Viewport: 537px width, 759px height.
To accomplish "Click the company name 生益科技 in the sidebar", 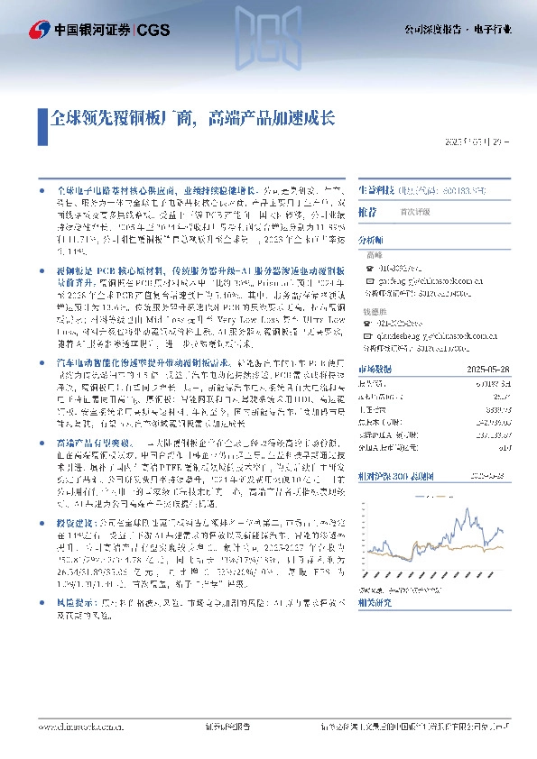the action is click(375, 191).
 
